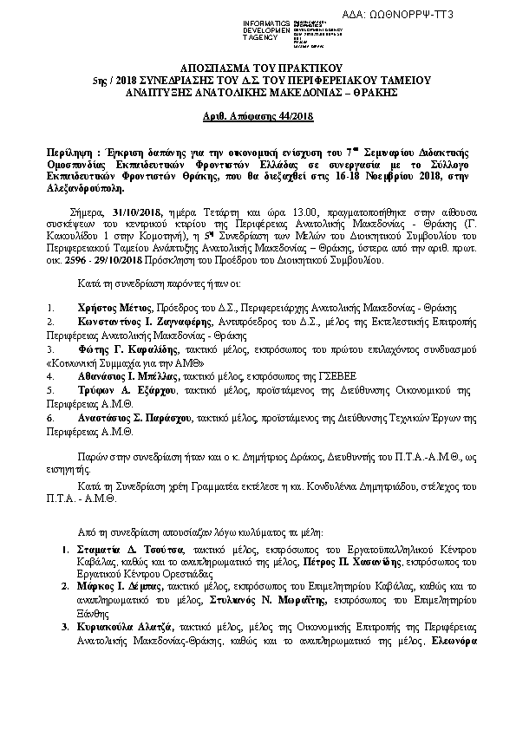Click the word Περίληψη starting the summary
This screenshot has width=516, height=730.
[x=70, y=150]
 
